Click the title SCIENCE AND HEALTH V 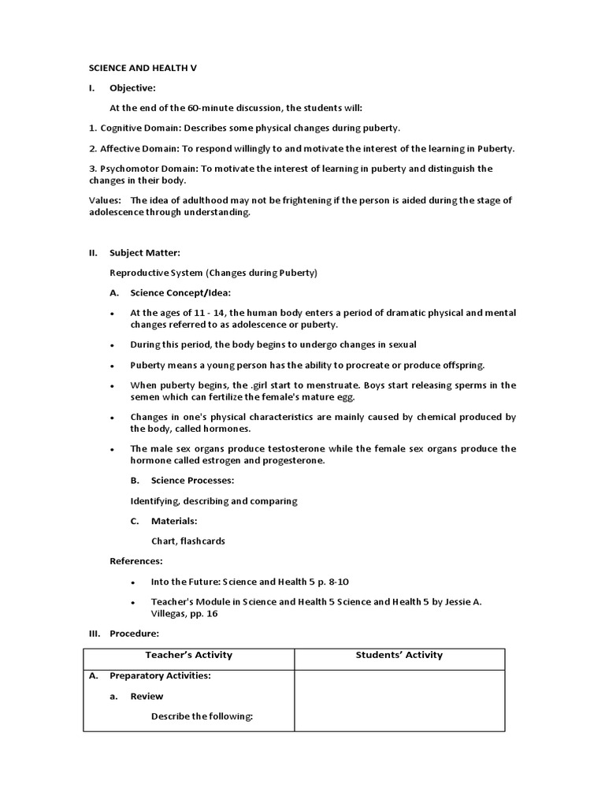[x=142, y=69]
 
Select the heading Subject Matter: [x=145, y=253]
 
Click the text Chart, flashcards [x=188, y=541]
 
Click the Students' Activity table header [x=399, y=655]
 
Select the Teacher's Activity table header [x=189, y=655]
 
